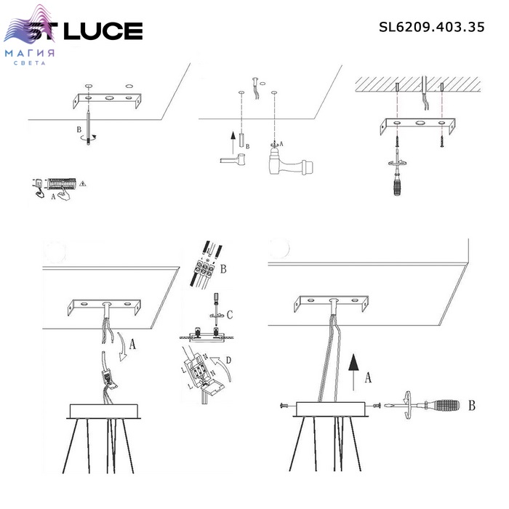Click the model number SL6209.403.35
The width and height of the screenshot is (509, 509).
pyautogui.click(x=431, y=27)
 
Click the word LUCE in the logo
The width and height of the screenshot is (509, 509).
pyautogui.click(x=103, y=31)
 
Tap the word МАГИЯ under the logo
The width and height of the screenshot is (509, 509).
pyautogui.click(x=30, y=53)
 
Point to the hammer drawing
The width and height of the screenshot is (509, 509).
pyautogui.click(x=291, y=162)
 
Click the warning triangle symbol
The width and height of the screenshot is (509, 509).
pyautogui.click(x=83, y=184)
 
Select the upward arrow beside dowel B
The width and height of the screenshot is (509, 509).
pyautogui.click(x=233, y=143)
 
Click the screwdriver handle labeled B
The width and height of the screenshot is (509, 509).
pyautogui.click(x=446, y=406)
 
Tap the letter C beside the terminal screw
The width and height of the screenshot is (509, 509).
pyautogui.click(x=230, y=315)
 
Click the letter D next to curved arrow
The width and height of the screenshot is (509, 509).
pyautogui.click(x=228, y=361)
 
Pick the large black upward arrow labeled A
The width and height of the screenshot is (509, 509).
pyautogui.click(x=353, y=372)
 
